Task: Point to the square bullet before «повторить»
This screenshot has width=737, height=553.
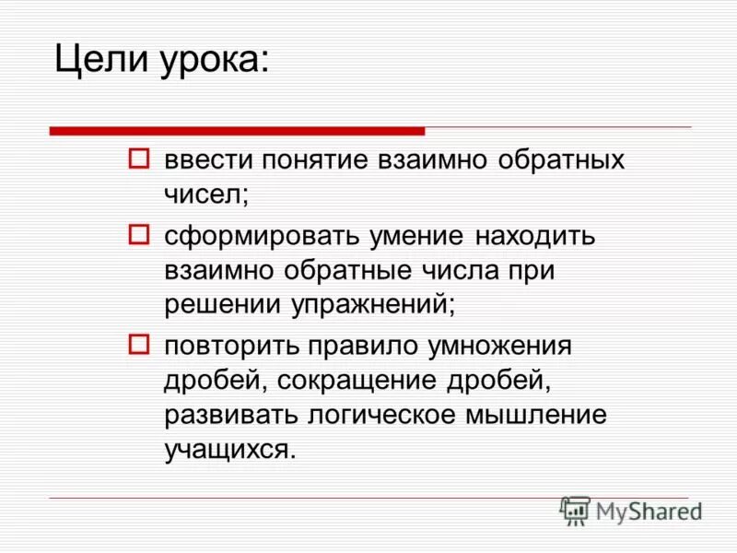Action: point(137,344)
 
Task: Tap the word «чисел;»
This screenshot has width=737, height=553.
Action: point(207,194)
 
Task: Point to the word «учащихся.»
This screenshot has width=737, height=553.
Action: point(231,450)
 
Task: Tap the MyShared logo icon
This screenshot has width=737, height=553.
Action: point(575,511)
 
